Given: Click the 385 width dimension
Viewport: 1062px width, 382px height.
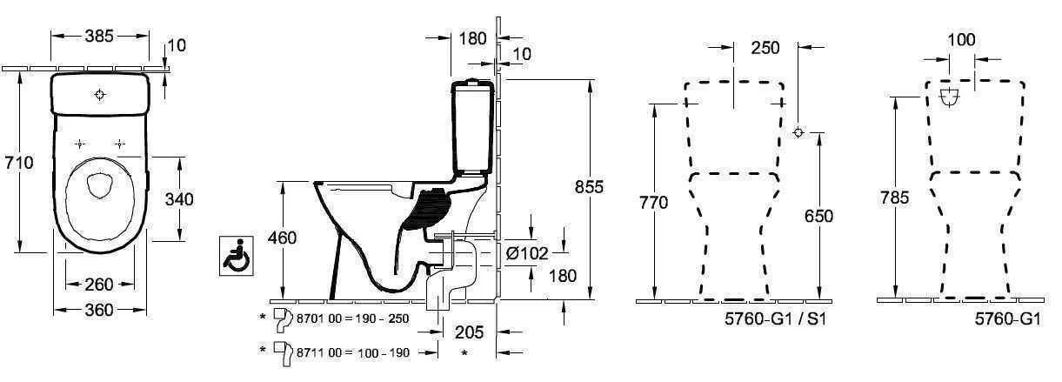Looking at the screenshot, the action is point(99,36).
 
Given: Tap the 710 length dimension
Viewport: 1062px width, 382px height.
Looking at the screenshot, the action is point(19,163).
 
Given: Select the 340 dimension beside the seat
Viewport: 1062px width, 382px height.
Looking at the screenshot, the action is point(179,199).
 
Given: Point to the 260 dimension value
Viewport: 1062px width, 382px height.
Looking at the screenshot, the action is point(99,285).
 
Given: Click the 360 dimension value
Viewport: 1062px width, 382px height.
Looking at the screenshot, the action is point(99,311).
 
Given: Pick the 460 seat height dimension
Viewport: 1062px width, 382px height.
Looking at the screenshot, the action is point(282,238).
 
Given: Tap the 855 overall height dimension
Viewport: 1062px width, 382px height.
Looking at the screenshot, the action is point(589,187).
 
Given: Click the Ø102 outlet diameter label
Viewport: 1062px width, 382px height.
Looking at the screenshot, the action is point(527,253).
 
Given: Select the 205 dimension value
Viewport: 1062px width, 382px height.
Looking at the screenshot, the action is point(470,332).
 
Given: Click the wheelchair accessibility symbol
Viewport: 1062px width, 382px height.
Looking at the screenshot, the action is point(236,256).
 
